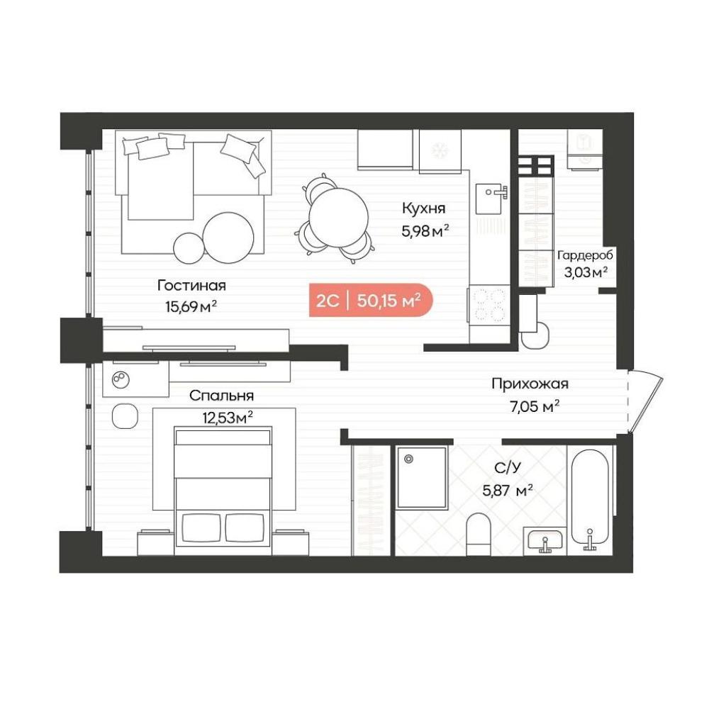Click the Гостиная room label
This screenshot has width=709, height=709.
[191, 286]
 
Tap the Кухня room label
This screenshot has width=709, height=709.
[424, 208]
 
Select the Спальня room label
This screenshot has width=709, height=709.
[221, 396]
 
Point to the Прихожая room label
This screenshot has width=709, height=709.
[530, 384]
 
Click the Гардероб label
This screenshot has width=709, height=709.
[585, 255]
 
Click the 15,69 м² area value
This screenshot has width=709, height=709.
[191, 307]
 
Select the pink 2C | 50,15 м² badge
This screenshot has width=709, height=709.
[371, 301]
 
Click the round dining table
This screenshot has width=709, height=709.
[338, 218]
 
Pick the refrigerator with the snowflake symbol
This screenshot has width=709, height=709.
[440, 151]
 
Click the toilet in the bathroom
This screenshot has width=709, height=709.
[479, 535]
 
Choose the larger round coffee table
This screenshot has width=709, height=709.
[228, 238]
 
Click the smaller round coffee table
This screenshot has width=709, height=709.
[189, 247]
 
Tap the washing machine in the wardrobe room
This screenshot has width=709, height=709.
[585, 149]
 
